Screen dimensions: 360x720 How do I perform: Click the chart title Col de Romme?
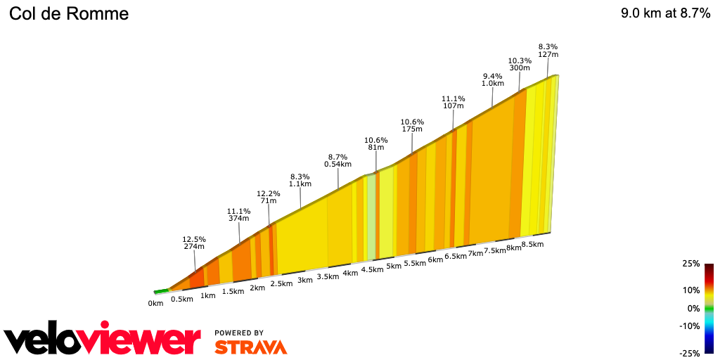[69, 14]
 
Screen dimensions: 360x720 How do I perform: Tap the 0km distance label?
[155, 303]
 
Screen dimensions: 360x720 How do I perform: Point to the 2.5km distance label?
[281, 283]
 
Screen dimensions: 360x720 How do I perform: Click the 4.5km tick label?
[372, 269]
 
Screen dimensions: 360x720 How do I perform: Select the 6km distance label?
[435, 259]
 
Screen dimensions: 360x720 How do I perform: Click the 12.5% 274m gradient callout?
[193, 243]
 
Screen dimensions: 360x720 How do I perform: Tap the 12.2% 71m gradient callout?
[269, 197]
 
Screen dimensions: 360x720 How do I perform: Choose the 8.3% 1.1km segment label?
[300, 180]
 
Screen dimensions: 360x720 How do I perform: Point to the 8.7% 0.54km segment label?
[337, 160]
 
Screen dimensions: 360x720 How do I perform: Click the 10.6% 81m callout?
[376, 143]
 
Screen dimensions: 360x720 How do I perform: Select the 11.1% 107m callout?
[454, 102]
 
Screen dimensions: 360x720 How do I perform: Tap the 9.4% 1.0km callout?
[493, 79]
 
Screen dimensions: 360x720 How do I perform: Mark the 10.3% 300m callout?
[520, 64]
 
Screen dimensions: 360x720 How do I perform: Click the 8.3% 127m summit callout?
[548, 51]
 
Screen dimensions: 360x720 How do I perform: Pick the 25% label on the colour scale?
[690, 264]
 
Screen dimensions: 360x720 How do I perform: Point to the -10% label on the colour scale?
[690, 326]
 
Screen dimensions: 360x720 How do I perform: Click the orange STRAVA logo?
[250, 347]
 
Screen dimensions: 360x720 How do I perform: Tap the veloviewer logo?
[102, 340]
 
